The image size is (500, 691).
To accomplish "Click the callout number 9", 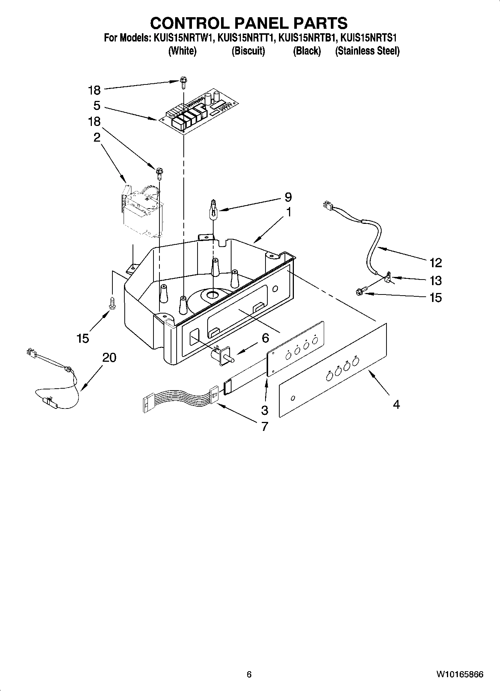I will (288, 197).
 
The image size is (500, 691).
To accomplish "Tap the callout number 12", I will (435, 263).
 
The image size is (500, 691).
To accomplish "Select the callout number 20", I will (109, 358).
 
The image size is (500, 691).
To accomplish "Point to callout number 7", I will (264, 426).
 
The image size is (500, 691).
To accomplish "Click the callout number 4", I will (397, 404).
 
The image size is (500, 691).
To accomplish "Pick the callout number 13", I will (435, 280).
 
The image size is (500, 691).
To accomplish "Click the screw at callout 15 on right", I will (362, 292).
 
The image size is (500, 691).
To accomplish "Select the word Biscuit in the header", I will (248, 51).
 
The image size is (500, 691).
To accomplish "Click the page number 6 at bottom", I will (249, 674).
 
